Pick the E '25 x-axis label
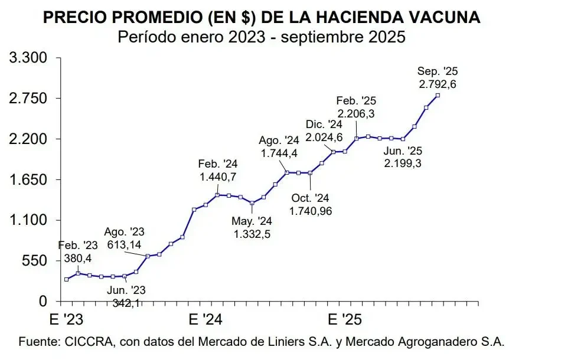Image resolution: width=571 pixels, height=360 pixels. coord(342,320)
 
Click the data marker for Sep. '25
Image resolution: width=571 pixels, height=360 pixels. coord(438,95)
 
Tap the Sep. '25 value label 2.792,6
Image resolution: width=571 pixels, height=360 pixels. coord(438,84)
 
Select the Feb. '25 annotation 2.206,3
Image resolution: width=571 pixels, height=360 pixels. coord(357,113)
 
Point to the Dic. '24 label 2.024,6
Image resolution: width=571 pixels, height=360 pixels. coord(324,137)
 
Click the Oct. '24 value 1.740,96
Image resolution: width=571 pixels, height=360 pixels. coord(311,210)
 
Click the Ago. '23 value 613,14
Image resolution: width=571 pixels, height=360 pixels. coord(124,243)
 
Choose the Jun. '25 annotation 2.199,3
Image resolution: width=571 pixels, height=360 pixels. coord(403,163)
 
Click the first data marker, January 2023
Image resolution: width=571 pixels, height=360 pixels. coord(66,279)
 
